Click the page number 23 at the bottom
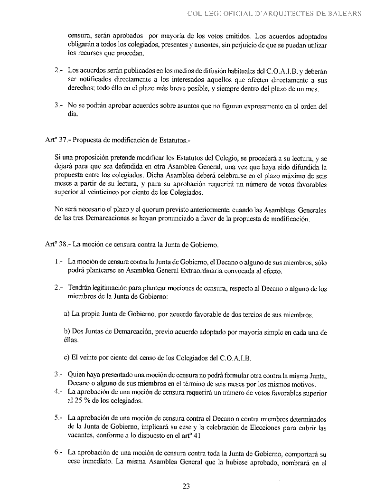point(186,486)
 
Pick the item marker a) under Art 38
point(66,315)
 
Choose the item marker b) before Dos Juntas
point(66,332)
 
